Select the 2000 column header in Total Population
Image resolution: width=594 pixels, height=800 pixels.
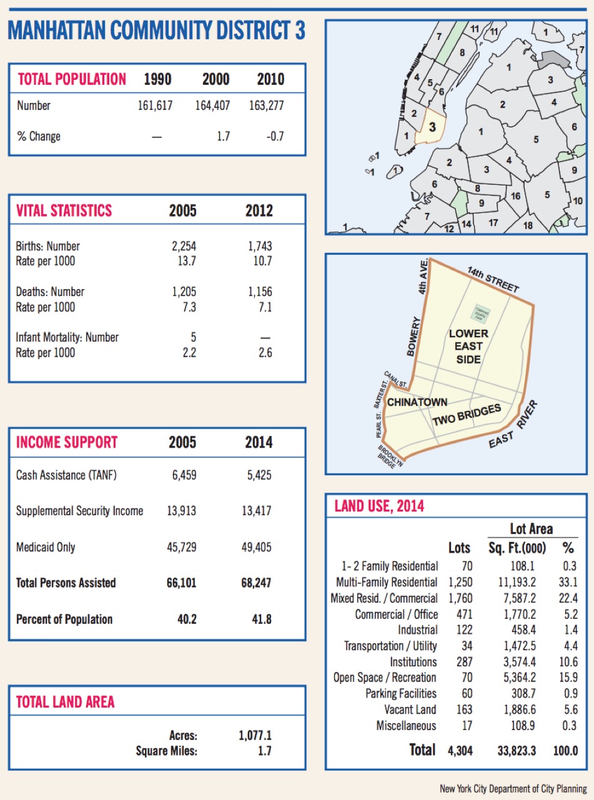215,79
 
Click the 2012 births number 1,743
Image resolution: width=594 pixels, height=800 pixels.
259,246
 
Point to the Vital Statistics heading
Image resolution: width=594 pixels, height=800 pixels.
64,210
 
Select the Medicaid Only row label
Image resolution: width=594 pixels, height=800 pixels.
46,547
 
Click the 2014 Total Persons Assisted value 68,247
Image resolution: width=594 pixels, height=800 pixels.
259,583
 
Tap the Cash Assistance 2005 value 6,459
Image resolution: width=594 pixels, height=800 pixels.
184,475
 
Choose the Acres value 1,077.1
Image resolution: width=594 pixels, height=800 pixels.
255,736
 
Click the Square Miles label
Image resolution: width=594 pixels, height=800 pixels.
166,751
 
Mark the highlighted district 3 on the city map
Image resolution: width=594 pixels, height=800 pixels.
432,126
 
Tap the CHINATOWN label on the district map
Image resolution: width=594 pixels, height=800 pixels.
417,403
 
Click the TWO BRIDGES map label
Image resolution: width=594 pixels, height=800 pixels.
467,416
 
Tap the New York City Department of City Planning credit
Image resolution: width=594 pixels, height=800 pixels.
513,789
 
